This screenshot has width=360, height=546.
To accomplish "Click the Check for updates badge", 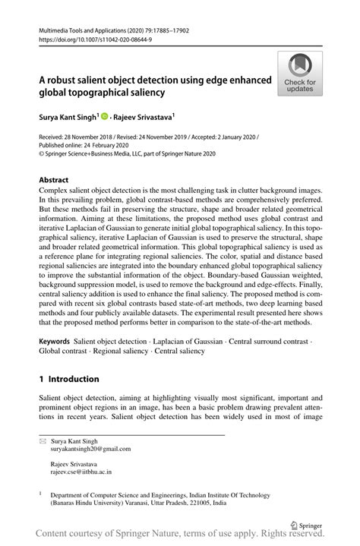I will point(300,74).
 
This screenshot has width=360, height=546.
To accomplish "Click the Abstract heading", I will point(53,181).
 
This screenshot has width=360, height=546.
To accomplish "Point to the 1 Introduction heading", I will point(68,379).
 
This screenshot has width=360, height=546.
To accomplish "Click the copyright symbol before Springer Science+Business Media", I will point(41,153).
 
